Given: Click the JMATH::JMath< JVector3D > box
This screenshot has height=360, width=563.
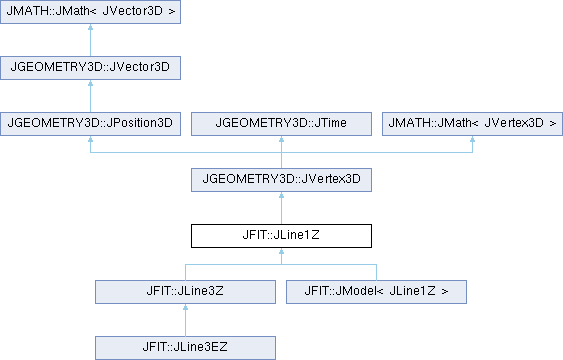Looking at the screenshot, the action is pyautogui.click(x=90, y=12).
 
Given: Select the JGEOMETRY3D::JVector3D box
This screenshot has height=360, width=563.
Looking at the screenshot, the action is pyautogui.click(x=90, y=68).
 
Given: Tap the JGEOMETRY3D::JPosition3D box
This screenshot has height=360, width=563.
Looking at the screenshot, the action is pyautogui.click(x=90, y=124).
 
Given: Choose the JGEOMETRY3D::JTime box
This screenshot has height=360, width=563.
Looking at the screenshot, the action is pyautogui.click(x=282, y=124).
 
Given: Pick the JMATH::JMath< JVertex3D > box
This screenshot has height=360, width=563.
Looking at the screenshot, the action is pyautogui.click(x=473, y=124).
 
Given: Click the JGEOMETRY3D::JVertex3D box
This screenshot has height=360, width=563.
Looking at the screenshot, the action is pyautogui.click(x=282, y=180).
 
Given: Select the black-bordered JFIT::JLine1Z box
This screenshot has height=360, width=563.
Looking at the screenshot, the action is pyautogui.click(x=282, y=236).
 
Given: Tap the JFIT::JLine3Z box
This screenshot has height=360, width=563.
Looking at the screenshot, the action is pyautogui.click(x=185, y=292).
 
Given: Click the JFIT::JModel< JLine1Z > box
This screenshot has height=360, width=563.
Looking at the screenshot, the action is pyautogui.click(x=376, y=292).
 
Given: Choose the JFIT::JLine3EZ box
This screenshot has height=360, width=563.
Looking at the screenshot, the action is pyautogui.click(x=185, y=348).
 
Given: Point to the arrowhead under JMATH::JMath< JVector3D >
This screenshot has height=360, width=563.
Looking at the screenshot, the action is pyautogui.click(x=90, y=27).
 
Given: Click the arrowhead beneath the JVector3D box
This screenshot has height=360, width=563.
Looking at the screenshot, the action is pyautogui.click(x=90, y=83).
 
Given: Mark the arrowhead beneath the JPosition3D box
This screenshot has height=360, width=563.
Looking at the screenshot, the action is pyautogui.click(x=90, y=139).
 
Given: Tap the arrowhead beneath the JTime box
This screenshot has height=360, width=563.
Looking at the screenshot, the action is pyautogui.click(x=282, y=139).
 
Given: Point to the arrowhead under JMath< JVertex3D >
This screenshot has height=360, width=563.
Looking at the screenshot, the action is pyautogui.click(x=473, y=139).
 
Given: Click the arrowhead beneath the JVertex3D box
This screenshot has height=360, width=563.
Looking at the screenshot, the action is pyautogui.click(x=282, y=195).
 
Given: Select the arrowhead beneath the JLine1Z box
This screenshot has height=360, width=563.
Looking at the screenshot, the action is pyautogui.click(x=282, y=251).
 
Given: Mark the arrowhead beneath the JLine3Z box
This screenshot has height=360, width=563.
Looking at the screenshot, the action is pyautogui.click(x=185, y=307).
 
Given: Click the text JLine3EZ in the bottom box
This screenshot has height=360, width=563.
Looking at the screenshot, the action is pyautogui.click(x=200, y=347).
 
